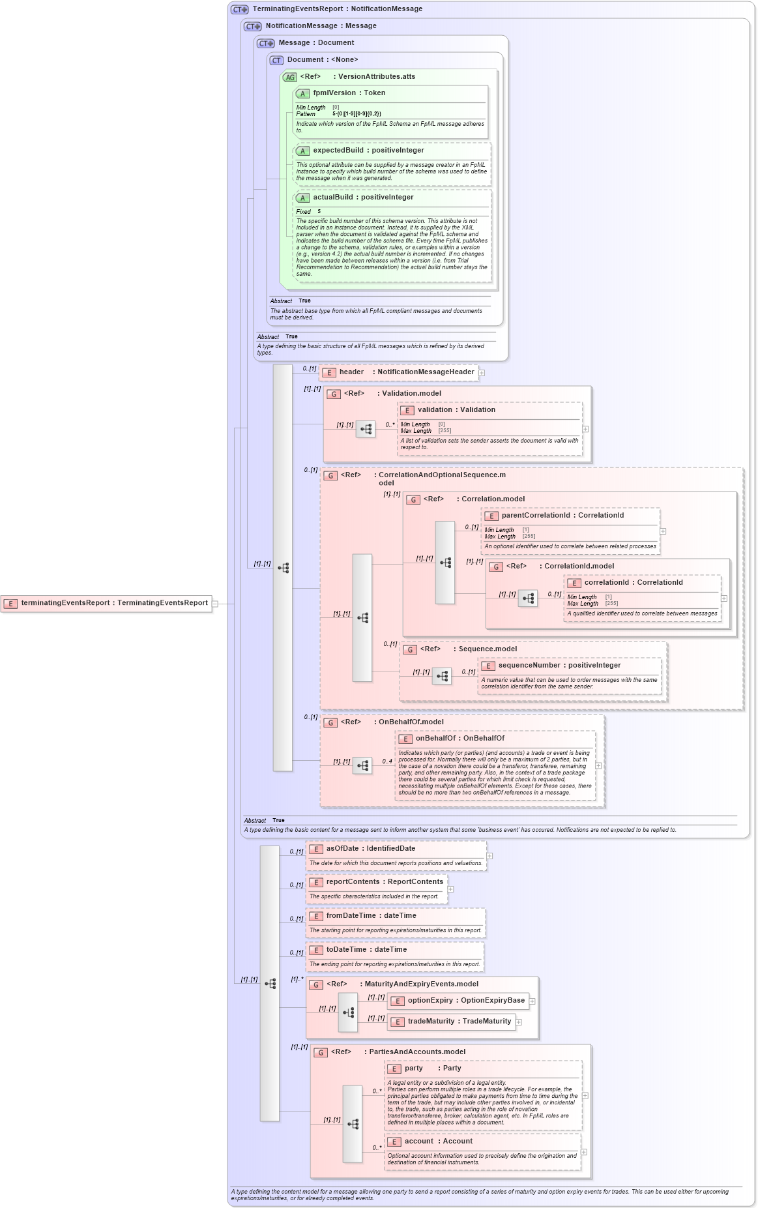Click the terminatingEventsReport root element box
(x=108, y=603)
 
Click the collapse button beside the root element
(x=215, y=604)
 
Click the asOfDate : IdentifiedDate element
(x=370, y=849)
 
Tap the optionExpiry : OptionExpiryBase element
(x=465, y=1001)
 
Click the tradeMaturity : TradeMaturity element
(x=459, y=1022)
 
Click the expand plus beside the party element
(x=585, y=1096)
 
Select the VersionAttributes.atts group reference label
(x=376, y=77)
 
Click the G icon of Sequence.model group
(x=410, y=650)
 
